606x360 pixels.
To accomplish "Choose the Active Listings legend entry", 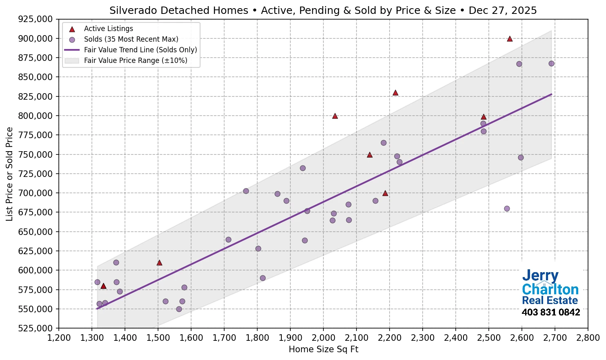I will pos(108,29).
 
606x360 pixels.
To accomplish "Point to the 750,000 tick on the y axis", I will pos(36,154).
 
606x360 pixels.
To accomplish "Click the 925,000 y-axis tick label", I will pos(36,19).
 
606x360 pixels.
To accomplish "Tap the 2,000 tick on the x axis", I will pos(323,338).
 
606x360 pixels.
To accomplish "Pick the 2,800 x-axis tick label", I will pos(588,338).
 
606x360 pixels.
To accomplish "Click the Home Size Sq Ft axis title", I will pos(323,349).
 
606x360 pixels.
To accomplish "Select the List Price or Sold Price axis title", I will pos(9,174).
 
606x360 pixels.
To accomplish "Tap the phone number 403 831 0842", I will pos(551,313).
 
